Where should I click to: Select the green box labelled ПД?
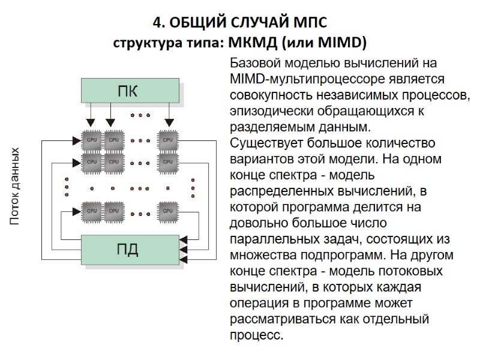point(130,250)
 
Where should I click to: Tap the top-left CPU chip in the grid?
point(92,140)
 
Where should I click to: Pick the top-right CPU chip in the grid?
point(168,140)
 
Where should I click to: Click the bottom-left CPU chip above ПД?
point(92,211)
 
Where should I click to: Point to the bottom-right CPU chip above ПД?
point(168,211)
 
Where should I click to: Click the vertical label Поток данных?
point(15,187)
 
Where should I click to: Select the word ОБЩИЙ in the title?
point(197,23)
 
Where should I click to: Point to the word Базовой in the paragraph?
point(255,63)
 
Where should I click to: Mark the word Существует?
point(266,144)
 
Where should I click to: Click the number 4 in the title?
point(157,23)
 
